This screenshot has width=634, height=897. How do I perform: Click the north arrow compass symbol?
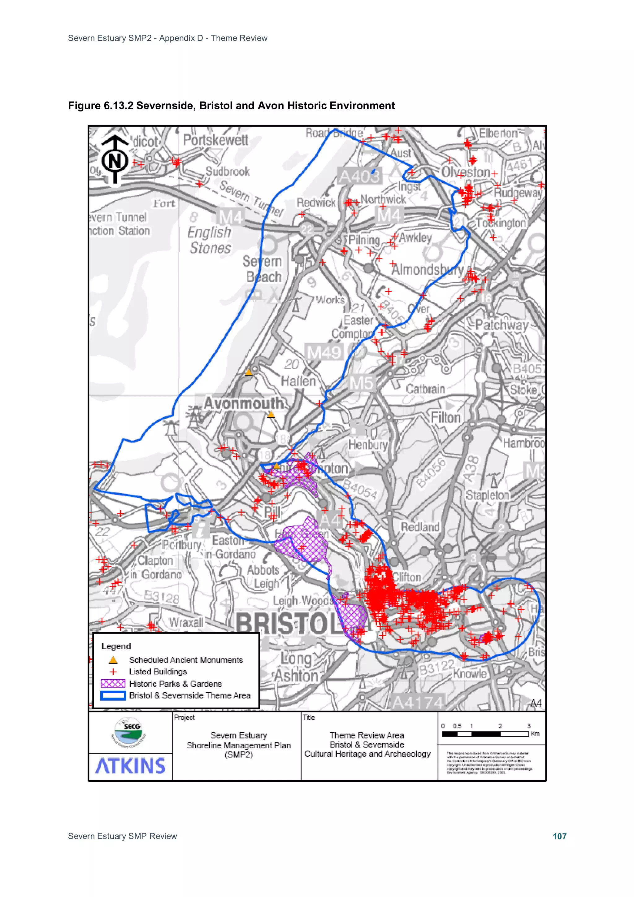[115, 159]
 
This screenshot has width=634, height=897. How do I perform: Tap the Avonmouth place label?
[244, 403]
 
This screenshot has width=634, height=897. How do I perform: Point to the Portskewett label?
[216, 140]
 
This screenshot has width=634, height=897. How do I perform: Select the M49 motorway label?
[324, 352]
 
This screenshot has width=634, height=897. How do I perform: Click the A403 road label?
[359, 176]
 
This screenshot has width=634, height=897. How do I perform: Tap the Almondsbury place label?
[427, 270]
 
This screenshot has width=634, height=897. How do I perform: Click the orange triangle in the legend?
[113, 660]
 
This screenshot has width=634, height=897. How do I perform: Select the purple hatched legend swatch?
[113, 683]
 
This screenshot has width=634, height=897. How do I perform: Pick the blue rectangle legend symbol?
[113, 695]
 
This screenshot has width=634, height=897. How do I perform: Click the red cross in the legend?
[113, 672]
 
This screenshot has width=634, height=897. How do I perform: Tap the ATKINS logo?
[130, 766]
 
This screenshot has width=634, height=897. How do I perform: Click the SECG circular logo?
[129, 731]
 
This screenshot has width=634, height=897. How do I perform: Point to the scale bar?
[485, 734]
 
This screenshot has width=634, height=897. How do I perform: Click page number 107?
[559, 836]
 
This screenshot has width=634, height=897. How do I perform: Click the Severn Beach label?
[263, 269]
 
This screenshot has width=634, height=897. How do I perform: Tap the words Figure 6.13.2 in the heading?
[100, 106]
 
